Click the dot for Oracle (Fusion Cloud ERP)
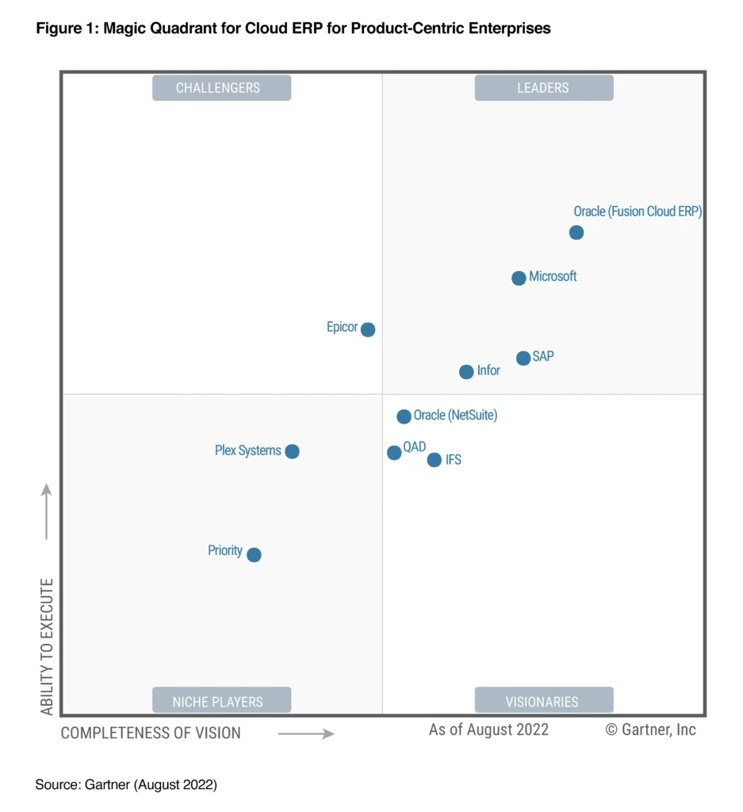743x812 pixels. coord(576,232)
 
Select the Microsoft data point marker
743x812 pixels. coord(519,278)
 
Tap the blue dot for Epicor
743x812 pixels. coord(368,329)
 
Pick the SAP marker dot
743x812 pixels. coord(523,358)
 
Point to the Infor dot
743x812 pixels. coord(466,372)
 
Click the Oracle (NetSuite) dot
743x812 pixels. coord(404,416)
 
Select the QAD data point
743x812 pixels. coord(394,453)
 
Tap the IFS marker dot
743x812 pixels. coord(434,460)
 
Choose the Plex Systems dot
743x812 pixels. coord(292,451)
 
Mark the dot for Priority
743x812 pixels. coord(254,555)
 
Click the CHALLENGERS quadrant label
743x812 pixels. coord(221,88)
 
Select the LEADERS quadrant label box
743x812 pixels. coord(543,88)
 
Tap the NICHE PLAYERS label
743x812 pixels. coord(221,701)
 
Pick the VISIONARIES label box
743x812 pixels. coord(543,701)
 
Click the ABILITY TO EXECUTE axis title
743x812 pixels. coord(48,646)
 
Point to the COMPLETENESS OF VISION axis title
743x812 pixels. coord(151,733)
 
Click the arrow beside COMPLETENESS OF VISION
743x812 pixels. coord(306,734)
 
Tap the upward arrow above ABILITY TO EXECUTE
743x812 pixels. coord(47,511)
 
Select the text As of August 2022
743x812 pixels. coord(488,730)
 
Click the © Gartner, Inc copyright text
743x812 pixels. coord(650,730)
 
